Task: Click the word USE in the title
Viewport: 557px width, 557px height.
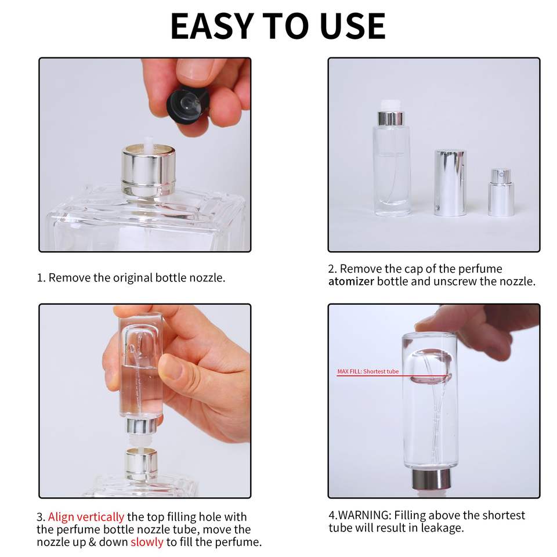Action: point(352,26)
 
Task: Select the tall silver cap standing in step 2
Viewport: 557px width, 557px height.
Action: point(450,182)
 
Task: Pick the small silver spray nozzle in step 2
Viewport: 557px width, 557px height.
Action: point(501,192)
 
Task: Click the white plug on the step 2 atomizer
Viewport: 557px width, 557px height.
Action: point(390,106)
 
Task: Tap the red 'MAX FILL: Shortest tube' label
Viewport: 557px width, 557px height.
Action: point(368,371)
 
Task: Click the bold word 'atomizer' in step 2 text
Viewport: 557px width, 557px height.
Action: point(351,281)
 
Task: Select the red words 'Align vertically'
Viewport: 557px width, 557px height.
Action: point(86,516)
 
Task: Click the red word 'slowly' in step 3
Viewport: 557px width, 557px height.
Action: point(147,542)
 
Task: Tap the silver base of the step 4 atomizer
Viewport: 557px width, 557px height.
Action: point(431,479)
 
